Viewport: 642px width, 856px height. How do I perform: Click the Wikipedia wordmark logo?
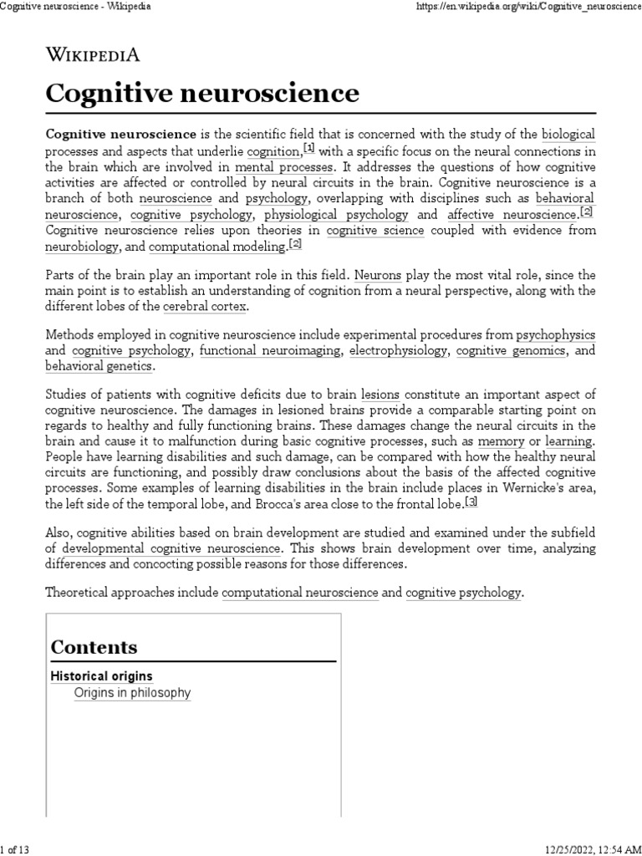point(92,55)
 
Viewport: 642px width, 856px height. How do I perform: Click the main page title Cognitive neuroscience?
point(202,92)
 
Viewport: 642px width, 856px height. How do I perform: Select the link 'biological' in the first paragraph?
point(568,134)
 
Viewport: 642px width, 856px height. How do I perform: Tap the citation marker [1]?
point(309,149)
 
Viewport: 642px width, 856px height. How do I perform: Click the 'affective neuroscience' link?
point(512,214)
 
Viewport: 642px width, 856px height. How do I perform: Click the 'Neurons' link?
point(378,274)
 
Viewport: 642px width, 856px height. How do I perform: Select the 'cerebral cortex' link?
point(205,307)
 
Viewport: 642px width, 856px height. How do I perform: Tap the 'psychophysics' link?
point(556,334)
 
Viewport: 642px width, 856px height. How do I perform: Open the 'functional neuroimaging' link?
point(271,350)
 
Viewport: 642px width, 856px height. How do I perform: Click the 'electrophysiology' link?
point(398,350)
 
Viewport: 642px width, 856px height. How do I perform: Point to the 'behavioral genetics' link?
point(99,366)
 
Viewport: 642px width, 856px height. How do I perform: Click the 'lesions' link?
point(380,394)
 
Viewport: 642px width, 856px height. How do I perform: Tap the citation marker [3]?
point(472,502)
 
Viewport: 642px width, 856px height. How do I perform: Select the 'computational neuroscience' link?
point(300,593)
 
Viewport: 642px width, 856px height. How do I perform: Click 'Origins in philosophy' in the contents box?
point(132,693)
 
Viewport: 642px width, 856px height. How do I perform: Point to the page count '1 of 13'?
point(17,850)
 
